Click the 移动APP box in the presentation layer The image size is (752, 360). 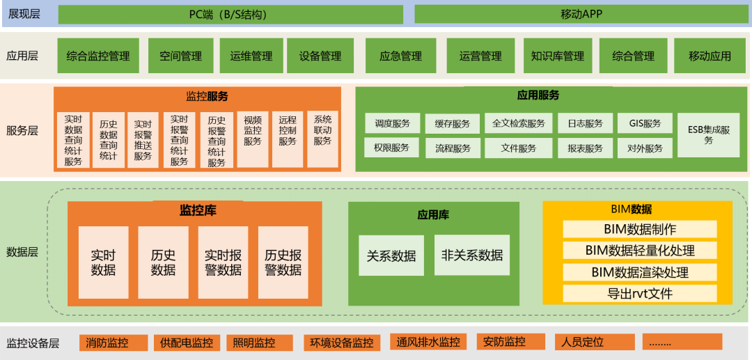click(x=581, y=15)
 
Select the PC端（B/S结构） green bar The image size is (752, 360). click(x=230, y=15)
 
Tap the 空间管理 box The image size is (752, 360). click(x=180, y=56)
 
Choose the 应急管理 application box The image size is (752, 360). click(x=400, y=56)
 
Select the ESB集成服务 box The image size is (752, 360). click(x=709, y=134)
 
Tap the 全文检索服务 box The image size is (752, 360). click(x=519, y=124)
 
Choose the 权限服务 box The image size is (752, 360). click(x=391, y=148)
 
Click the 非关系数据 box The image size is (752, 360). click(x=472, y=256)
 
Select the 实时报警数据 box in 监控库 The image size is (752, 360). click(x=224, y=262)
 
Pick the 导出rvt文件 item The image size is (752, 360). click(x=640, y=293)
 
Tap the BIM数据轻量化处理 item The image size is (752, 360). click(x=640, y=251)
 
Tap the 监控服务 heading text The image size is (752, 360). click(x=207, y=96)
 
